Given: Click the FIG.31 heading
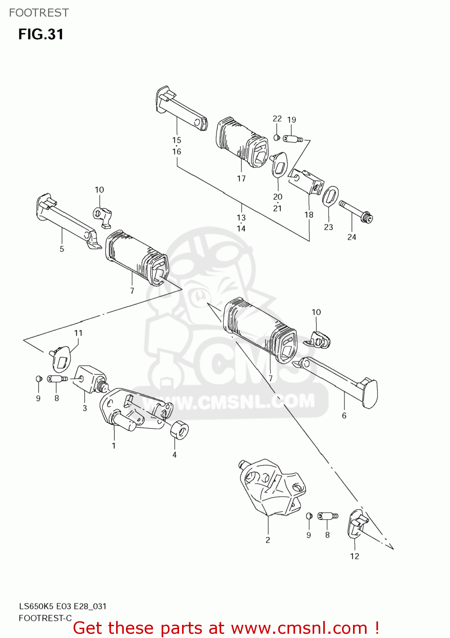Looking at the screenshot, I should (41, 34).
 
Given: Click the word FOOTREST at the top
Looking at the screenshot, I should (39, 13).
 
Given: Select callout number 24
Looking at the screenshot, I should (352, 237).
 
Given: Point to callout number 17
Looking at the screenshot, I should (241, 179).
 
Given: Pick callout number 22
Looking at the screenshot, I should (277, 119).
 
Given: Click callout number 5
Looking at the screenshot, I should (62, 249).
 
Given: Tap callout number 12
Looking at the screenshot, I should (355, 556).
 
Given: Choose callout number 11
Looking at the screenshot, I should (78, 333).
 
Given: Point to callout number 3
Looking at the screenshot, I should (85, 408).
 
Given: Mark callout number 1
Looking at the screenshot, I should (114, 446).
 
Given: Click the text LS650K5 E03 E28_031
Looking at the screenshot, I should (63, 607).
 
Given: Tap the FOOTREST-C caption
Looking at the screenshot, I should (45, 618).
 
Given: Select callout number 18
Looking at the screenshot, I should (309, 215).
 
